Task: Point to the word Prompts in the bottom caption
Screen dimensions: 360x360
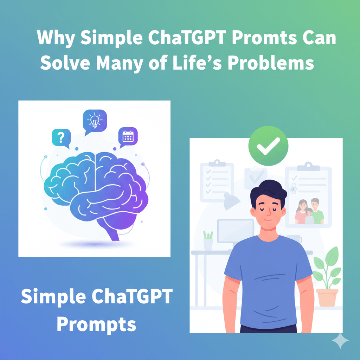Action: coord(96,324)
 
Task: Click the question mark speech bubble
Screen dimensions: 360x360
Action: coord(61,137)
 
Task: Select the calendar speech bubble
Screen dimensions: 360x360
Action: coord(127,136)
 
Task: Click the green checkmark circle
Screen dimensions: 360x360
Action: coord(268,146)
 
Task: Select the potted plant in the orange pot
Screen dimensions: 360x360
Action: coord(327,278)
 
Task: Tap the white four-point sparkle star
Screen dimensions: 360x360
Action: coord(340,341)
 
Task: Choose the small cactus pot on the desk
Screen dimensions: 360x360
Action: coord(208,241)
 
